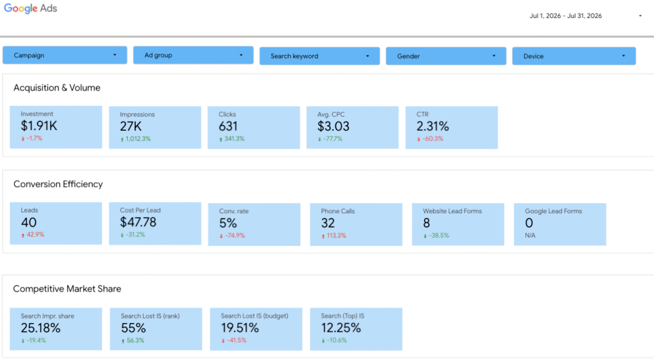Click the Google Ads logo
pos(31,9)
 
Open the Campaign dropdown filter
pos(65,55)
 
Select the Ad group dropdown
pos(193,55)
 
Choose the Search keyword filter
pos(319,56)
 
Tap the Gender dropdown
pos(446,56)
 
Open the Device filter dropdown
pos(574,56)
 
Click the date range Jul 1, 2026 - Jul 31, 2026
pos(566,16)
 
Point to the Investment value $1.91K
pos(39,126)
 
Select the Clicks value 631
pos(228,126)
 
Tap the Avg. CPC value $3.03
pos(333,126)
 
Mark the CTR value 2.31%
pos(432,126)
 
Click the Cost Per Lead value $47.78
pos(138,222)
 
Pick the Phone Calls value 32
pos(328,223)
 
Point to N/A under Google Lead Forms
pos(530,236)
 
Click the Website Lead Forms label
pos(452,211)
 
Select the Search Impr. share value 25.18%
pos(40,328)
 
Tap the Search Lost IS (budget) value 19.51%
pos(240,328)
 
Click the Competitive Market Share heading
pos(67,289)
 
